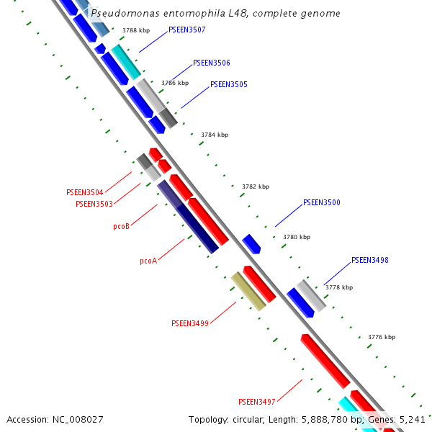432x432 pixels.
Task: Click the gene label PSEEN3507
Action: [x=186, y=30]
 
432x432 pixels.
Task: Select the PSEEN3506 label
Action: [x=212, y=63]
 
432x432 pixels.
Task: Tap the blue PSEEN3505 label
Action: [x=229, y=84]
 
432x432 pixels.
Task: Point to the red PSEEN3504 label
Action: [x=85, y=192]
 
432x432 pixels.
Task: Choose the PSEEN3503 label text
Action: [x=94, y=204]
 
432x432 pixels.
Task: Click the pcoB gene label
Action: [x=121, y=226]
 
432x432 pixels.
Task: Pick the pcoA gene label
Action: [x=148, y=261]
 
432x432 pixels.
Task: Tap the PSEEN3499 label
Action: [x=190, y=323]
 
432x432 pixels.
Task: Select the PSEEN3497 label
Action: [x=257, y=401]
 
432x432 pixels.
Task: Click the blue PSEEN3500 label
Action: [x=322, y=202]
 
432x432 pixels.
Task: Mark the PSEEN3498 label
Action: [x=370, y=260]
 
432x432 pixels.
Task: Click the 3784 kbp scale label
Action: [x=215, y=135]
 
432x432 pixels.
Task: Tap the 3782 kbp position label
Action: [x=256, y=186]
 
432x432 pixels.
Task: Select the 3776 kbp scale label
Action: [x=382, y=336]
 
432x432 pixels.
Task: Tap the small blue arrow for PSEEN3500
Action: [x=251, y=243]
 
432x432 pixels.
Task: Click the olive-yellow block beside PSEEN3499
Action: [x=248, y=291]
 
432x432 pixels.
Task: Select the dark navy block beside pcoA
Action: [x=198, y=228]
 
